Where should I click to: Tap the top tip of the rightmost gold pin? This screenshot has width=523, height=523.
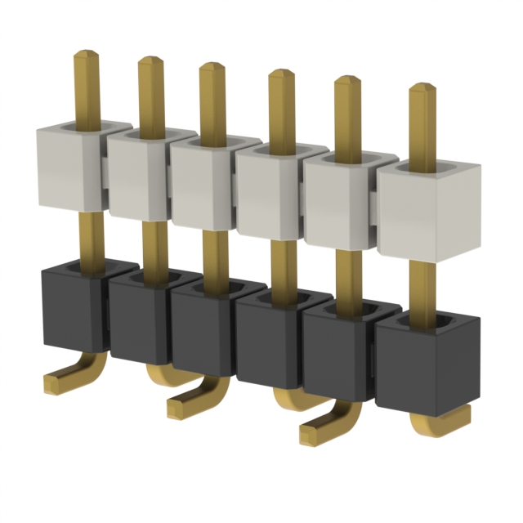422,88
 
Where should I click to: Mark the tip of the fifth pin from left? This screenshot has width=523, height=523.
347,81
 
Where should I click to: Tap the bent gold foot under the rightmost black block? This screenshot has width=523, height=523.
441,421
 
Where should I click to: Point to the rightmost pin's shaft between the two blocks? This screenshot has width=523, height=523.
422,286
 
